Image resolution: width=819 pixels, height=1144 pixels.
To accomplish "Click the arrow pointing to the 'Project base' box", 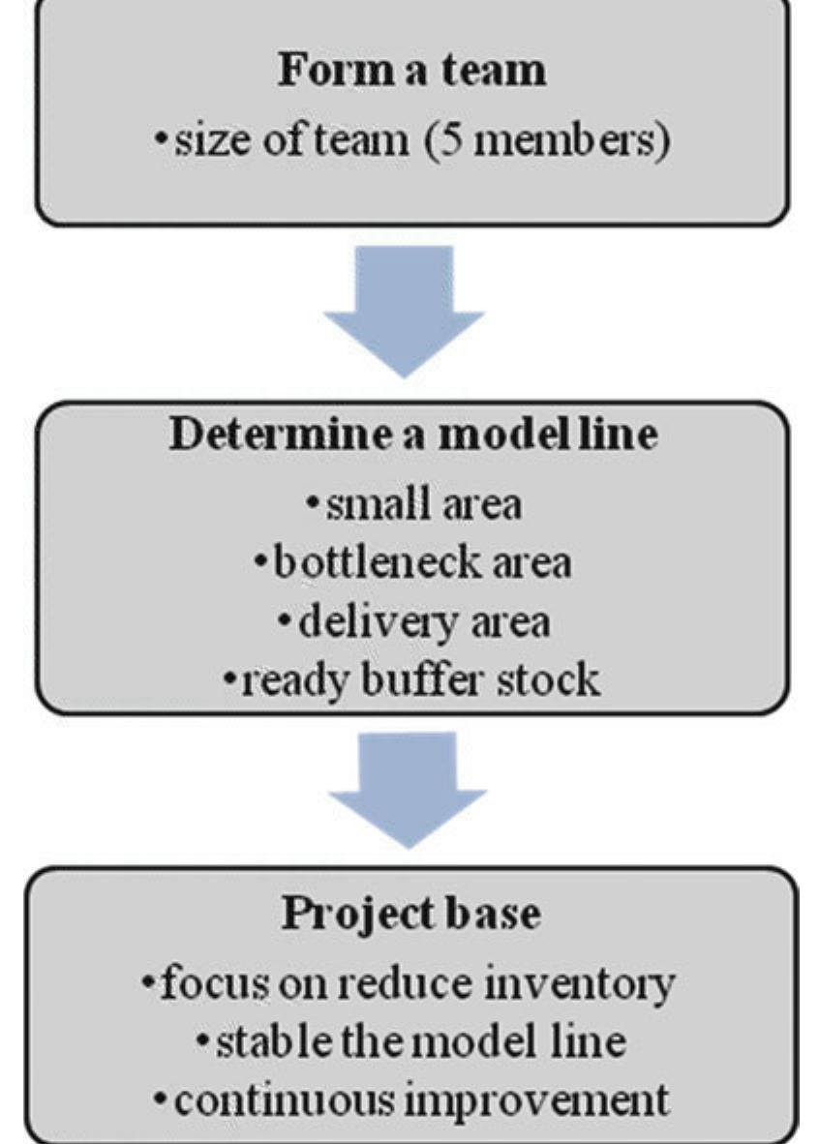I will [408, 789].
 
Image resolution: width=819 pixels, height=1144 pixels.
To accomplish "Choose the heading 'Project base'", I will [410, 914].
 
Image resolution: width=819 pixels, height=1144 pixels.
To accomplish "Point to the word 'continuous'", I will [270, 1100].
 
